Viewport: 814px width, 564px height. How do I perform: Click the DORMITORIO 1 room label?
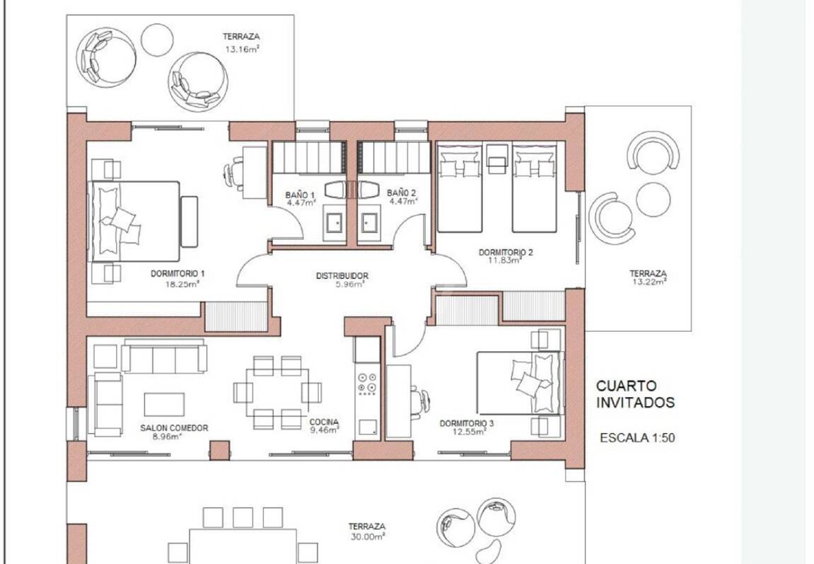[x=178, y=273]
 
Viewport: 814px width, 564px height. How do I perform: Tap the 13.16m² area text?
[x=242, y=50]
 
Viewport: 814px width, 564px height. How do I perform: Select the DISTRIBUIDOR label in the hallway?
[x=342, y=276]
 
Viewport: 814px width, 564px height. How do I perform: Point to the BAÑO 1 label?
[x=300, y=195]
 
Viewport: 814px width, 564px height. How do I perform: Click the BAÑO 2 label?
[x=401, y=193]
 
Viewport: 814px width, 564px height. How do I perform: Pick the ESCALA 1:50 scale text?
[x=637, y=438]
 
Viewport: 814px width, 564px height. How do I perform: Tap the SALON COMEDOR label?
[x=174, y=428]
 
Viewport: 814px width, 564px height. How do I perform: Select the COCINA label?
[x=324, y=422]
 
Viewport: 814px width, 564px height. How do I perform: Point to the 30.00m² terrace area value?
[x=368, y=537]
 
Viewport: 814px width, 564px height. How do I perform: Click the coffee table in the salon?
[x=164, y=405]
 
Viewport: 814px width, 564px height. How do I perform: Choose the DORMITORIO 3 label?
[x=467, y=423]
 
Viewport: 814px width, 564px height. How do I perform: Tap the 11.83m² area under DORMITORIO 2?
[x=505, y=260]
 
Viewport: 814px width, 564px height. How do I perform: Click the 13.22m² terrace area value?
[x=649, y=282]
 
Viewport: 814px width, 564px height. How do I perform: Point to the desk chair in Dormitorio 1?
[x=233, y=171]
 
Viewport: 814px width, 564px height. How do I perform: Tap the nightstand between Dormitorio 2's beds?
[x=496, y=159]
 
